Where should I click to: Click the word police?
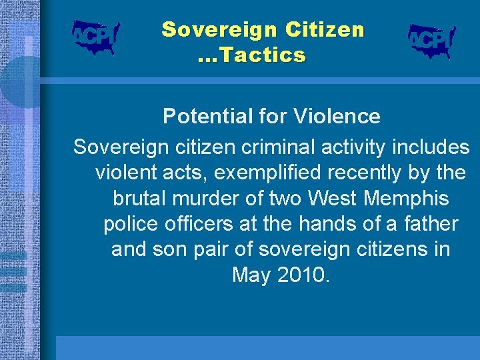(129, 224)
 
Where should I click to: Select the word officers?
(195, 224)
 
